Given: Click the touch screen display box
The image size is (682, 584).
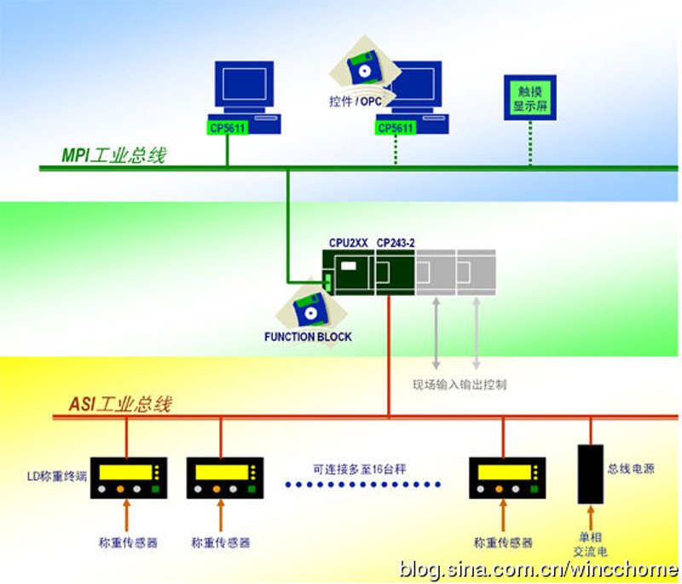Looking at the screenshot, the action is pyautogui.click(x=529, y=98).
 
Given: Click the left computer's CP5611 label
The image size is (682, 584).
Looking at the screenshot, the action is pyautogui.click(x=227, y=128).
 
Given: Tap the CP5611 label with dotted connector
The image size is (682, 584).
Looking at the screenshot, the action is pyautogui.click(x=396, y=128).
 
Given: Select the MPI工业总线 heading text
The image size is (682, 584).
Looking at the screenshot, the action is pyautogui.click(x=114, y=155).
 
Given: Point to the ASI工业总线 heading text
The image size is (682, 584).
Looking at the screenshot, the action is pyautogui.click(x=120, y=404).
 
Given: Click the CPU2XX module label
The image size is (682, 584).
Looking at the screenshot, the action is pyautogui.click(x=349, y=243).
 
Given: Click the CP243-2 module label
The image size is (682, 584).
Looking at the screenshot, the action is pyautogui.click(x=396, y=243).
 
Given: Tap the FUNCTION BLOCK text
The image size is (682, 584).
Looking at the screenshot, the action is pyautogui.click(x=308, y=337).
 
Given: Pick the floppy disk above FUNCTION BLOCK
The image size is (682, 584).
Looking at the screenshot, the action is pyautogui.click(x=311, y=309).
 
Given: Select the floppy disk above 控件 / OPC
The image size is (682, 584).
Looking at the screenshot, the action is pyautogui.click(x=365, y=67).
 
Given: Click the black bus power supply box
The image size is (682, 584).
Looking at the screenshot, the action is pyautogui.click(x=590, y=474).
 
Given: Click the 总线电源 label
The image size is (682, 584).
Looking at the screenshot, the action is pyautogui.click(x=631, y=468).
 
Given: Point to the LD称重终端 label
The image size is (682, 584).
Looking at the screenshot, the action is pyautogui.click(x=57, y=477).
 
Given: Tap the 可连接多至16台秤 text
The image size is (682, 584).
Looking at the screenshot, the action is pyautogui.click(x=359, y=469).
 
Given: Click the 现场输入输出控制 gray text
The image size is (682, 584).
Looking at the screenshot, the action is pyautogui.click(x=459, y=385).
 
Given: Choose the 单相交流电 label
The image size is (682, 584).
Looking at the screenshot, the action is pyautogui.click(x=590, y=544).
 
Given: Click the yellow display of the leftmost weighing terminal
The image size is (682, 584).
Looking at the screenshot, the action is pyautogui.click(x=125, y=472).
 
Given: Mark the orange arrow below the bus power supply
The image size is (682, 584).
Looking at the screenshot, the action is pyautogui.click(x=590, y=518).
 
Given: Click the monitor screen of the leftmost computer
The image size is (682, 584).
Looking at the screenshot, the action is pyautogui.click(x=245, y=84).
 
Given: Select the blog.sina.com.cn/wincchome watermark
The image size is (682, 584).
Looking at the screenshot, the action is pyautogui.click(x=539, y=570).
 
